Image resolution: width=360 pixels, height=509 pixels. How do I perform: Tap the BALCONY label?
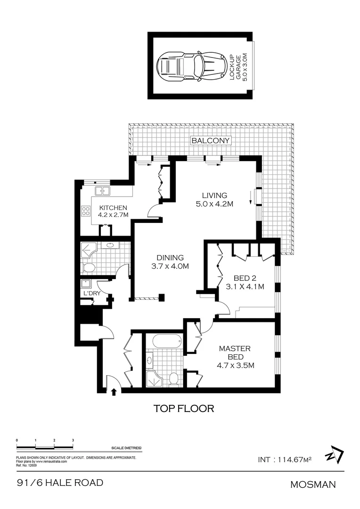tap(211, 140)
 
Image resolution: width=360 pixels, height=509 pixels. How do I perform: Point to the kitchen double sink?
tap(103, 191)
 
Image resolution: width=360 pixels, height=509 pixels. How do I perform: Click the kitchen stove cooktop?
tap(86, 212)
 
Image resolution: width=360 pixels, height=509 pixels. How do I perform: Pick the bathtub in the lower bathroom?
tap(164, 341)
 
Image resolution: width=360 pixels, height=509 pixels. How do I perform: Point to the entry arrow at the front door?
tap(113, 391)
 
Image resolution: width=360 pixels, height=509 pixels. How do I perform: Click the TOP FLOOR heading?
tap(184, 408)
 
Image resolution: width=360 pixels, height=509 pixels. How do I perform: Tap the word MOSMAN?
tap(312, 484)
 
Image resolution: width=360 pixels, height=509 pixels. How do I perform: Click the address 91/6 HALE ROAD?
tap(60, 483)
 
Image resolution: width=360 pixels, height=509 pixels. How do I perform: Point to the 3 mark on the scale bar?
tap(73, 440)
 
